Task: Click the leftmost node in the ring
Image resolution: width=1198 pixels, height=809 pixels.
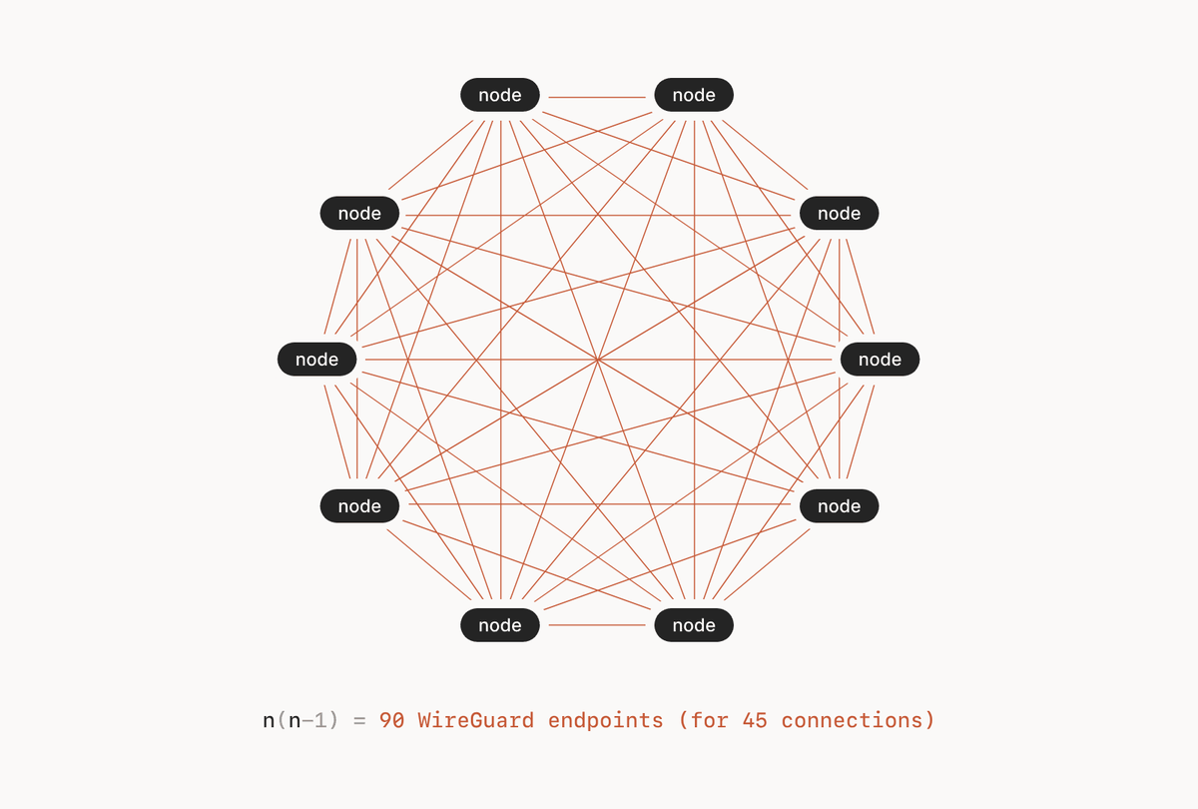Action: click(x=317, y=360)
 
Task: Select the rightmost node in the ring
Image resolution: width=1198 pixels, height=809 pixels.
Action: click(x=880, y=360)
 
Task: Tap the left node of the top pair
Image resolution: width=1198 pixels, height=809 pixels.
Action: click(x=500, y=95)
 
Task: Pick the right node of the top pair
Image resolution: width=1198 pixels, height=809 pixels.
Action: click(x=694, y=95)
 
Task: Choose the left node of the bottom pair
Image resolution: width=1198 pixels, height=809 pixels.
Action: click(x=500, y=625)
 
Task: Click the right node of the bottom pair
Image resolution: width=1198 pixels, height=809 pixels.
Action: click(x=694, y=625)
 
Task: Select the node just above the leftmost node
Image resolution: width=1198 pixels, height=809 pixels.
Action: click(x=359, y=213)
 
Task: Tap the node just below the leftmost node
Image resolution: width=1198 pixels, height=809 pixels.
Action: click(x=359, y=506)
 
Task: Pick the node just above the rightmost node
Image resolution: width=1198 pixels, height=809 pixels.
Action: click(x=839, y=213)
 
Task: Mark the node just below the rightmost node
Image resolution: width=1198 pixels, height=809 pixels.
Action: click(x=839, y=506)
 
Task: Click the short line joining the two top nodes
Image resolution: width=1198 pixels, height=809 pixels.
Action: click(x=597, y=97)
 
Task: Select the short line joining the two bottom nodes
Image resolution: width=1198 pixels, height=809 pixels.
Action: click(x=597, y=625)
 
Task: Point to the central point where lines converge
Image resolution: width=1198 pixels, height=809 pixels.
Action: click(x=597, y=360)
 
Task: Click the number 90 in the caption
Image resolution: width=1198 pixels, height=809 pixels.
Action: click(x=392, y=720)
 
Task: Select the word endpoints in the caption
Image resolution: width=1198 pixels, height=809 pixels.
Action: click(x=606, y=720)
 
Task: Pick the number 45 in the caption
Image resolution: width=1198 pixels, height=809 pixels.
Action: click(x=755, y=720)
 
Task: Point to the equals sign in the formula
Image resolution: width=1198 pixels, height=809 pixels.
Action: click(x=360, y=720)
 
